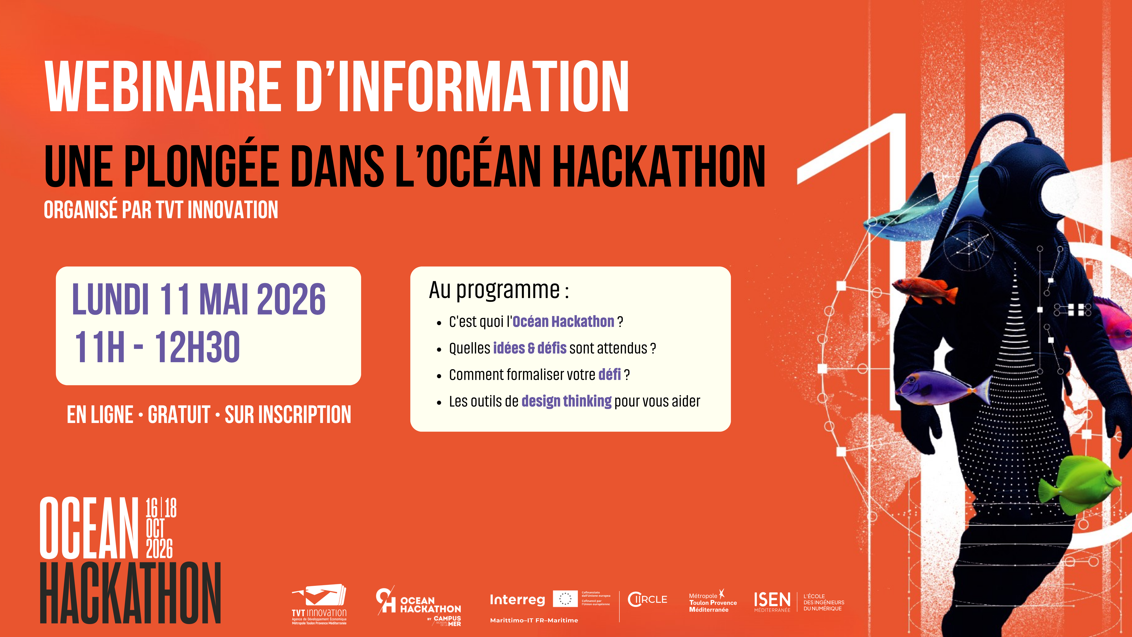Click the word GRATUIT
[x=179, y=414]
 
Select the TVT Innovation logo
[x=319, y=605]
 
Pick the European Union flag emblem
[x=565, y=599]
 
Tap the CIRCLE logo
[x=647, y=599]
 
